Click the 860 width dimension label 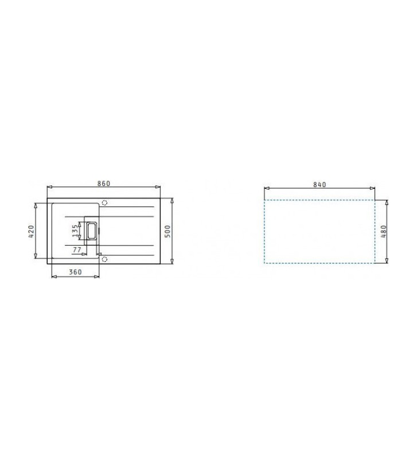[x=104, y=183]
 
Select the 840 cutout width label [x=319, y=184]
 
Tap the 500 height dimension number [x=167, y=231]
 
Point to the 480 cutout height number [x=384, y=231]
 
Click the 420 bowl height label [x=32, y=231]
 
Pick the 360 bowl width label [x=75, y=272]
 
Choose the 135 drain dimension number [x=76, y=231]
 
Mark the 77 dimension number [x=77, y=250]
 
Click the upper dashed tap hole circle [x=104, y=203]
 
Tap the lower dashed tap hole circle [x=104, y=259]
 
